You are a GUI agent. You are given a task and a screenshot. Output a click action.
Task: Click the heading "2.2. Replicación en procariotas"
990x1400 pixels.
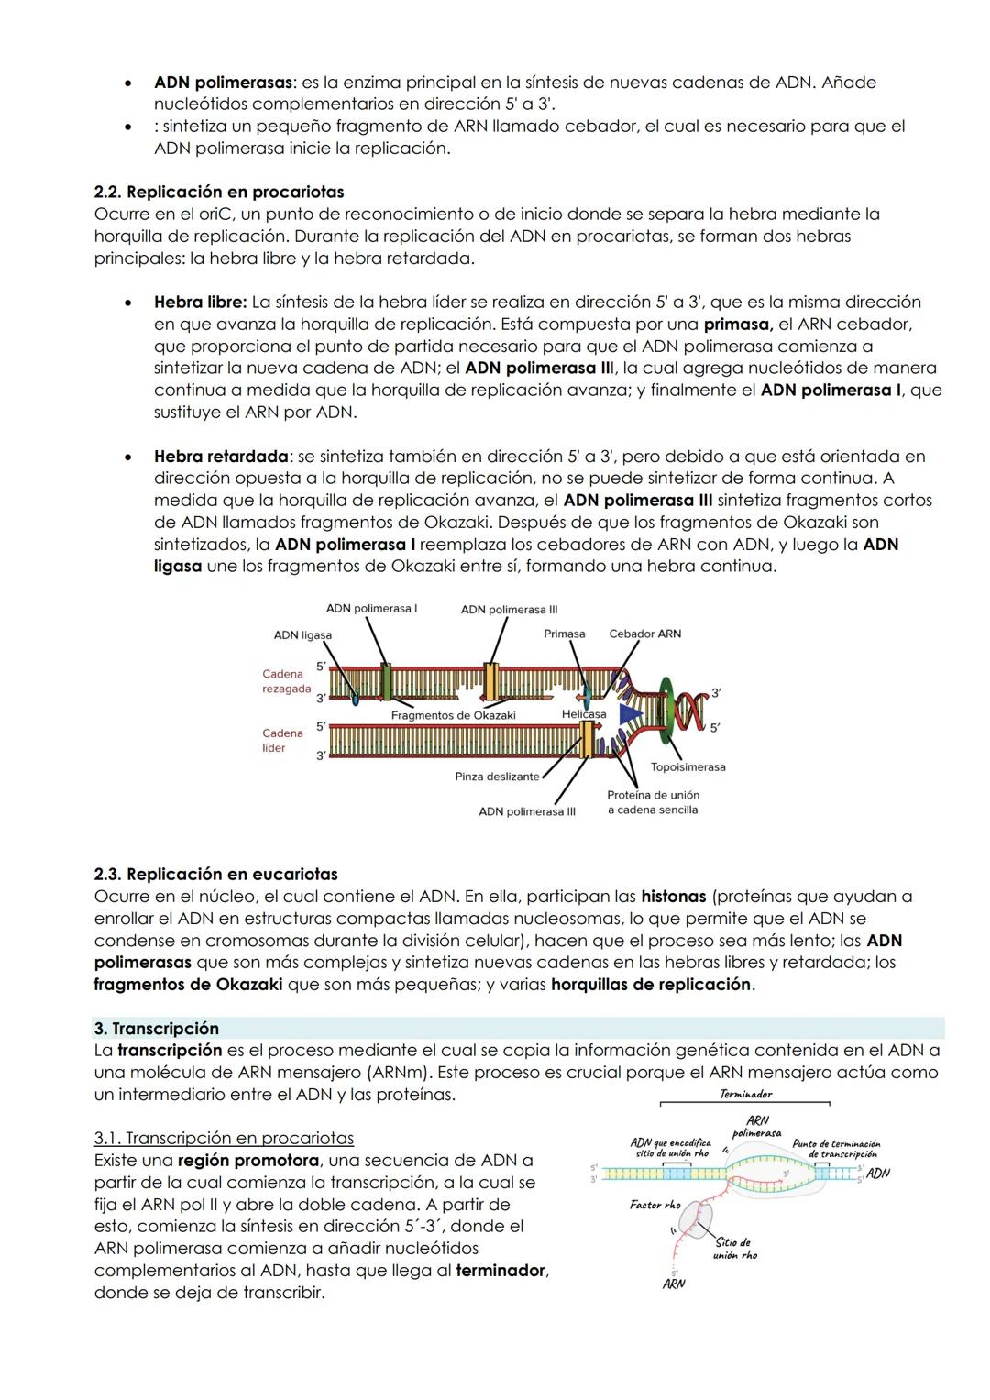pos(219,192)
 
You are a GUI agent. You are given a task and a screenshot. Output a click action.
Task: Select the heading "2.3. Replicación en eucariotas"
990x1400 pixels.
pos(215,874)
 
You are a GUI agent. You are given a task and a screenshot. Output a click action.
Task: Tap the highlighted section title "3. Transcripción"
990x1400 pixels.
pos(156,1028)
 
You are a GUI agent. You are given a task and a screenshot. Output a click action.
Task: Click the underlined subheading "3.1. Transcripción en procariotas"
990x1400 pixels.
pos(224,1138)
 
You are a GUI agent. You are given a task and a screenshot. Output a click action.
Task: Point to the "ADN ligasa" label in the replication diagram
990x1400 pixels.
pos(302,635)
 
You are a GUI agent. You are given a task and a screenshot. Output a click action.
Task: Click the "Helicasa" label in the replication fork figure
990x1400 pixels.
pos(583,714)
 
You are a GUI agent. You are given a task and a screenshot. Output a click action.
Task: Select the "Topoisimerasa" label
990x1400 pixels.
pos(687,766)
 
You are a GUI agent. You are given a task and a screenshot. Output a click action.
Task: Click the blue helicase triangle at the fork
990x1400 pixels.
pos(630,714)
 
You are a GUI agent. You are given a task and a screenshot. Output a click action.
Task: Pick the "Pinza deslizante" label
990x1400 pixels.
pos(497,777)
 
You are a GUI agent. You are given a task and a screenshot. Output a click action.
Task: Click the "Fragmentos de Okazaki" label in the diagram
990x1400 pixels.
pos(453,715)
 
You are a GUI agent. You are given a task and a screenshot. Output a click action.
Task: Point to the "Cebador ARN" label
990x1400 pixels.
pos(644,634)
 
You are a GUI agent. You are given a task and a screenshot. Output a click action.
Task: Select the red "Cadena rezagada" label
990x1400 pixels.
pos(285,681)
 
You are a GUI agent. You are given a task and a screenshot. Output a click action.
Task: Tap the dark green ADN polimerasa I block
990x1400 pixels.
pos(386,682)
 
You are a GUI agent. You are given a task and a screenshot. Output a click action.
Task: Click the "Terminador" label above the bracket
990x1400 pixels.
pos(745,1094)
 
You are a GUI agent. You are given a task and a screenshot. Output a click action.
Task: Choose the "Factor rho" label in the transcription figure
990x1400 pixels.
pos(654,1205)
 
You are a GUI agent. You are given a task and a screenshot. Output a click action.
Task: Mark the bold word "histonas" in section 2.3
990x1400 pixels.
pos(673,896)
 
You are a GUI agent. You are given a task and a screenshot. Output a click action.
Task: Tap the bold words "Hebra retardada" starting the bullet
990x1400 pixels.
pos(221,456)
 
